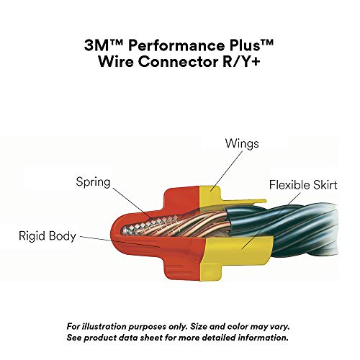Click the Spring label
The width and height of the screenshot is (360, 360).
tap(94, 182)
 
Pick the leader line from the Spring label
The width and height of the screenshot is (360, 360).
tap(137, 202)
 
